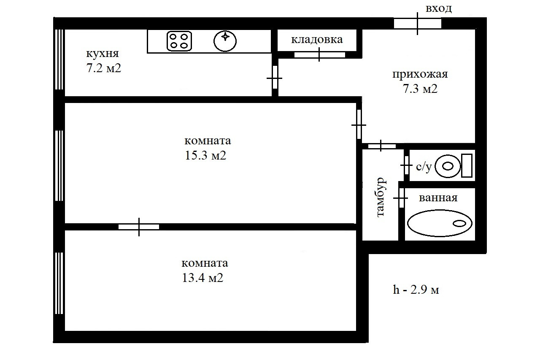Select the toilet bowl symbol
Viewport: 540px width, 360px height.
pyautogui.click(x=447, y=166)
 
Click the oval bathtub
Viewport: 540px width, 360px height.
pyautogui.click(x=439, y=223)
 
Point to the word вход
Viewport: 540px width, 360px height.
pyautogui.click(x=438, y=8)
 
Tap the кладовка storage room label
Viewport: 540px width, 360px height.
pyautogui.click(x=317, y=40)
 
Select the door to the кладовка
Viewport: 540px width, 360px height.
pyautogui.click(x=319, y=54)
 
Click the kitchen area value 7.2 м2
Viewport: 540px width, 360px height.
pyautogui.click(x=104, y=68)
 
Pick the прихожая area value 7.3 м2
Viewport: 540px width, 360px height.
pyautogui.click(x=420, y=89)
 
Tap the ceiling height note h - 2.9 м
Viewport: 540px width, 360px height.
pyautogui.click(x=416, y=290)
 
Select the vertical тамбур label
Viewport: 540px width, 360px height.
pyautogui.click(x=381, y=197)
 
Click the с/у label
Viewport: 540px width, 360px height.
pyautogui.click(x=424, y=167)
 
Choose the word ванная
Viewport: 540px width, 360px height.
pyautogui.click(x=438, y=198)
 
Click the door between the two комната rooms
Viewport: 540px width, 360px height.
pyautogui.click(x=139, y=227)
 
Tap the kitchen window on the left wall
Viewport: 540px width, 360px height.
pyautogui.click(x=59, y=59)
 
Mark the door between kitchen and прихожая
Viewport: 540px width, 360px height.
pyautogui.click(x=275, y=78)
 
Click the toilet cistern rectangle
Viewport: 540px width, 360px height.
pyautogui.click(x=466, y=166)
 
